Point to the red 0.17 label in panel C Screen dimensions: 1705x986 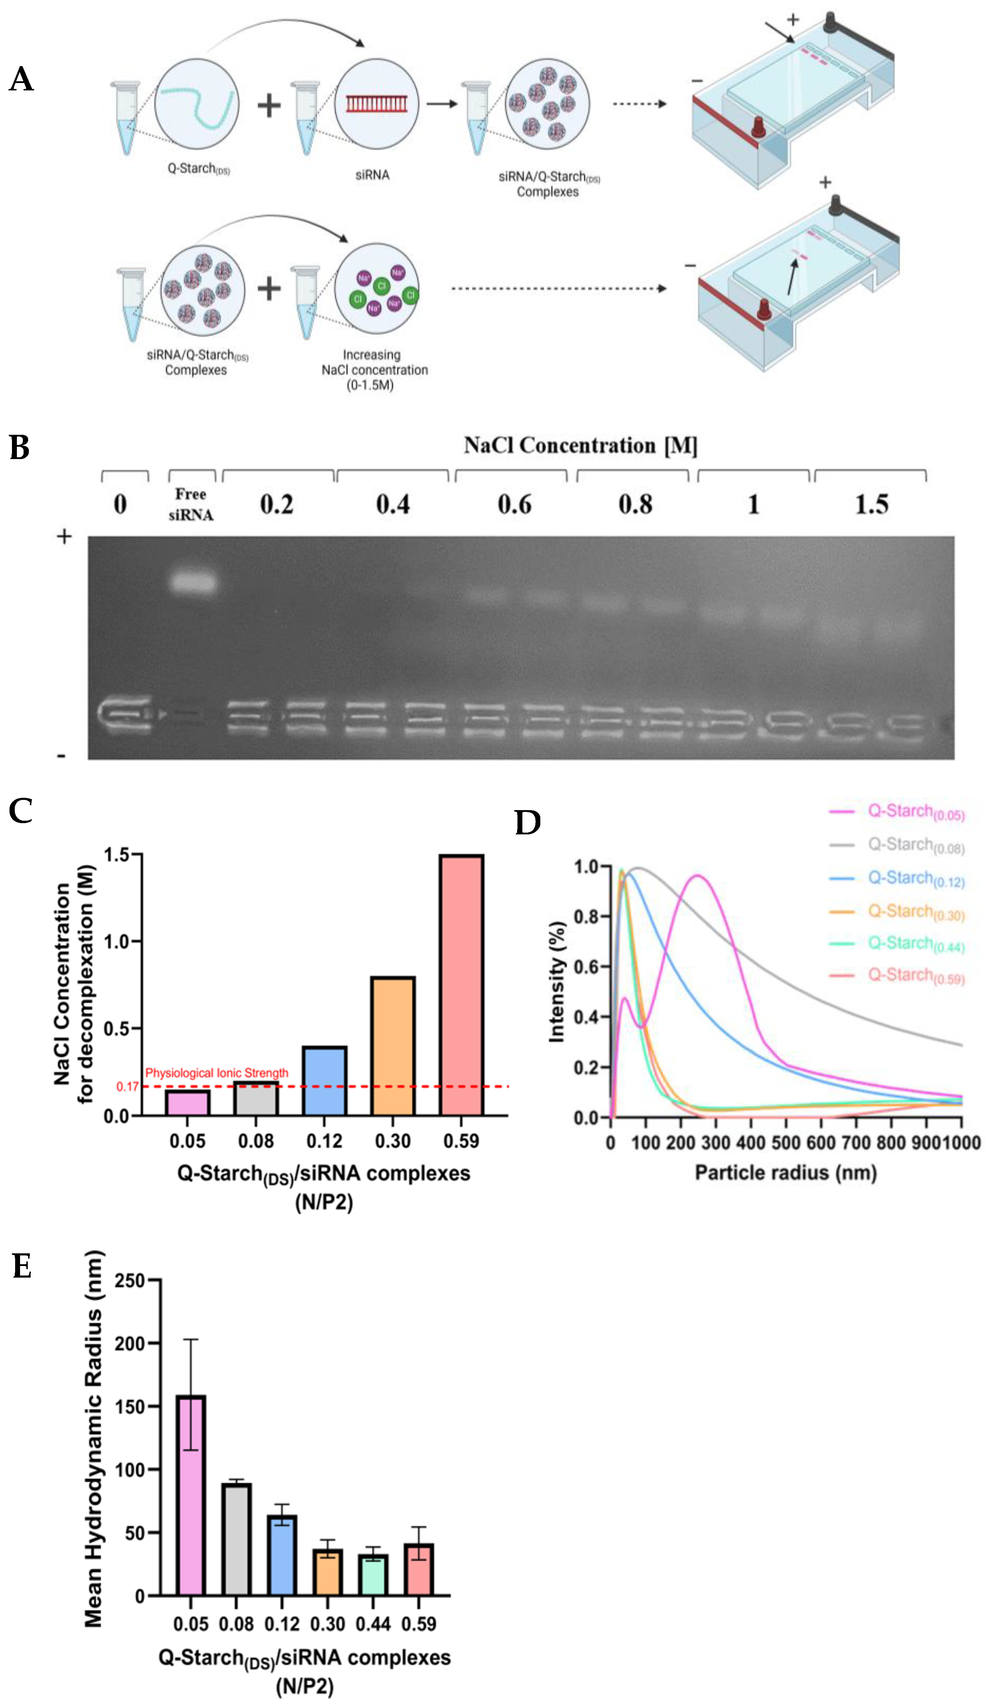(127, 1087)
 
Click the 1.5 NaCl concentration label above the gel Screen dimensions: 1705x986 (871, 505)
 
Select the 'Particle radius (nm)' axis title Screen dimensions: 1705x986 (785, 1172)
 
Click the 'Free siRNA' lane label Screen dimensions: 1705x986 (191, 504)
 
